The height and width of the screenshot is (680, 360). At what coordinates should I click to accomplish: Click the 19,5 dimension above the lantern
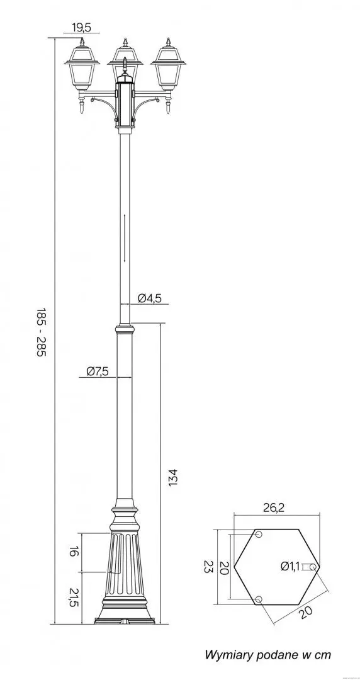[82, 28]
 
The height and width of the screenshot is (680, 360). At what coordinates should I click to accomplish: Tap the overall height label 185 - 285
[41, 332]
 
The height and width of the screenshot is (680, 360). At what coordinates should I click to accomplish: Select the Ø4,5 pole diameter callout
[150, 298]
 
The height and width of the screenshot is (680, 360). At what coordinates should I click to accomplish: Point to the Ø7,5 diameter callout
[97, 371]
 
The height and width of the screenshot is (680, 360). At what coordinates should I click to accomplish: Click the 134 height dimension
[173, 477]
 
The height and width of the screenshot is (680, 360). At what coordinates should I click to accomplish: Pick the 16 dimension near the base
[73, 552]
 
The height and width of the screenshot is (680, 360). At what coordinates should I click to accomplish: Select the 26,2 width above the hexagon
[274, 508]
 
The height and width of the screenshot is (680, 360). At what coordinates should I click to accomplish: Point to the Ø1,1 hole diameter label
[290, 566]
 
